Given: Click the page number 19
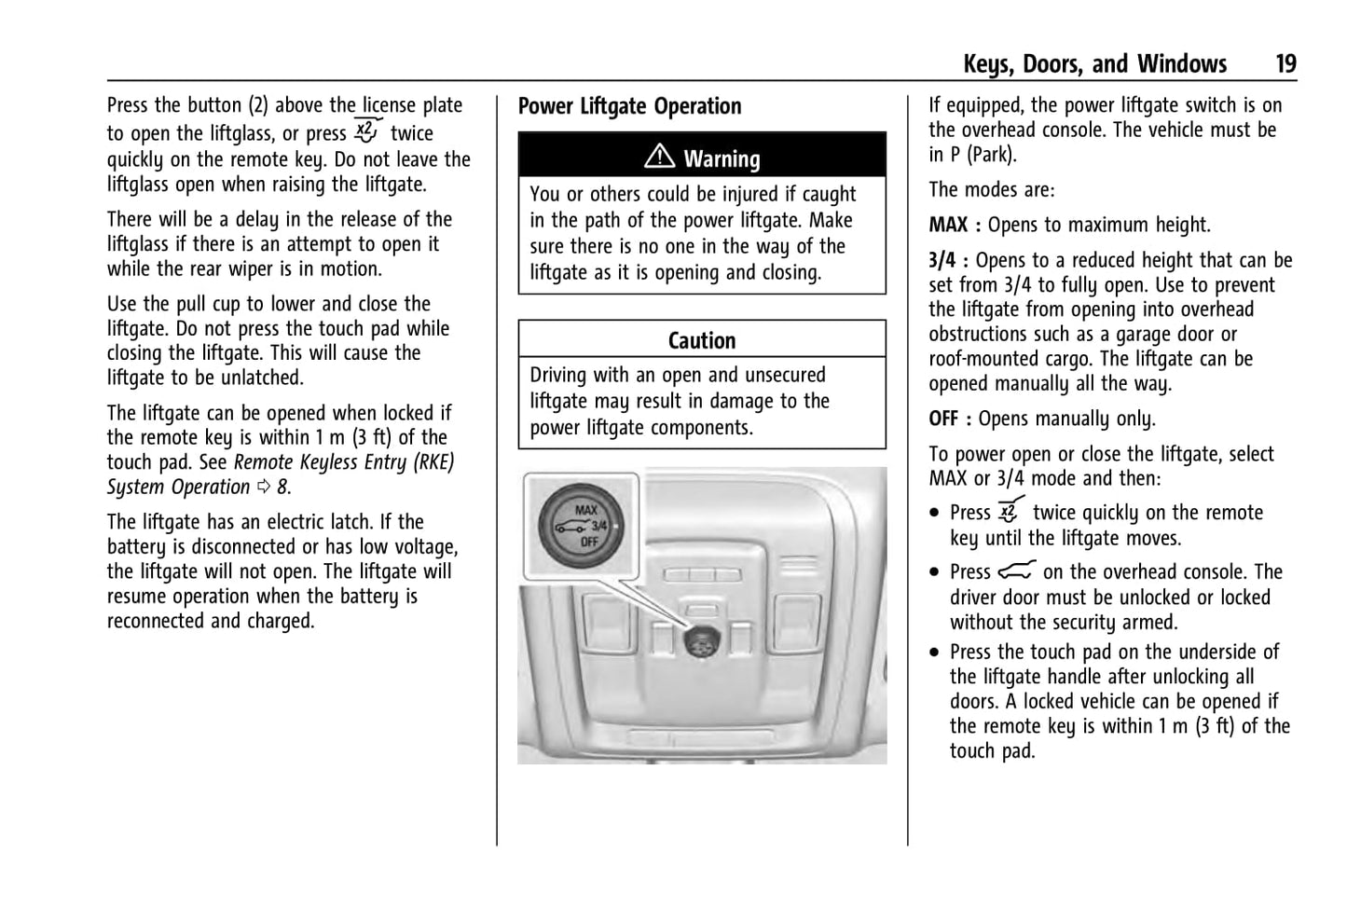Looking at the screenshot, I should point(1285,63).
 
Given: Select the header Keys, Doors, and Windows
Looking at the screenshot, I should point(1094,63).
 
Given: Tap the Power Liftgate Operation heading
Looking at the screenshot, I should point(629,106).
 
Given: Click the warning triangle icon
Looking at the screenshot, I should point(659,158).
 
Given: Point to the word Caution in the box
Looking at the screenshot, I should point(702,340).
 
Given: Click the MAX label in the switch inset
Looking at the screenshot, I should point(586,510).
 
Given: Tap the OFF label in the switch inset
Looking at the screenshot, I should point(589,542).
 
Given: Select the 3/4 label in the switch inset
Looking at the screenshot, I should point(599,526).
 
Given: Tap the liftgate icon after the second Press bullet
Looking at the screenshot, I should point(1016,571).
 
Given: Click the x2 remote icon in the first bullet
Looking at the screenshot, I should point(1010,512).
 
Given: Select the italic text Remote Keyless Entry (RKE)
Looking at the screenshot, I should point(344,462).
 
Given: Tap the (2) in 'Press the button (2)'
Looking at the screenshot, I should point(258,105).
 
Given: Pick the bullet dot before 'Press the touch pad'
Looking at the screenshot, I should point(935,653).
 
